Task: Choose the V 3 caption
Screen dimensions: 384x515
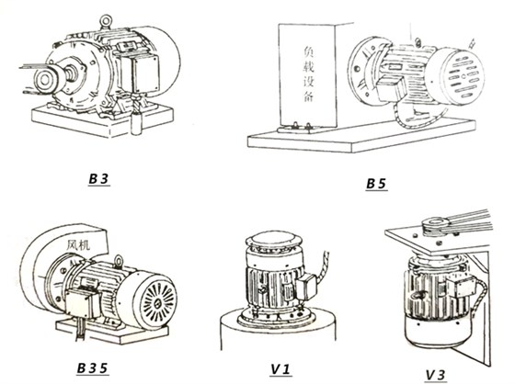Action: (438, 374)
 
